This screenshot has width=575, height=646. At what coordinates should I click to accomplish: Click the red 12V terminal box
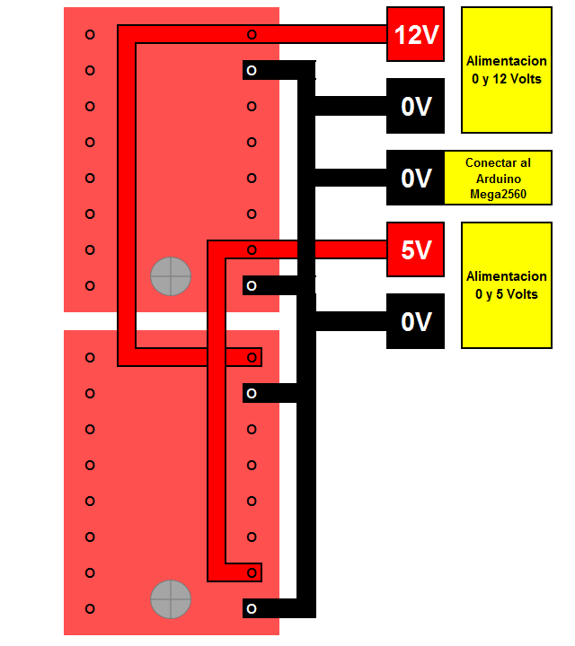pos(415,34)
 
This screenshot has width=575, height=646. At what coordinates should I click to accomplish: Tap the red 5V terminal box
pos(415,249)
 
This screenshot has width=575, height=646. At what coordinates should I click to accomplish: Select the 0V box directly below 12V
pos(415,106)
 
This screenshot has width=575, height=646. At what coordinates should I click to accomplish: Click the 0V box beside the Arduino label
pos(415,178)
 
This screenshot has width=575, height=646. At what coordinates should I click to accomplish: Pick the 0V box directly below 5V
pos(415,321)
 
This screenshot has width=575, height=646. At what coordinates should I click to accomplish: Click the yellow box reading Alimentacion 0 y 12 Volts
pos(506,70)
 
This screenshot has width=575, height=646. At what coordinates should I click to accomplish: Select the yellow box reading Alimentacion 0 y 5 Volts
pos(506,285)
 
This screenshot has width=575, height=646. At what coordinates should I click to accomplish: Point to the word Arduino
pos(497,178)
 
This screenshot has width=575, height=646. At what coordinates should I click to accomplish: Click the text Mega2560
pos(497,193)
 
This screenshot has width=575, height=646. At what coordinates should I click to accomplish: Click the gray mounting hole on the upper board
pos(171,276)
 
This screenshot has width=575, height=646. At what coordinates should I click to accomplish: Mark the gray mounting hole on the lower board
pos(171,599)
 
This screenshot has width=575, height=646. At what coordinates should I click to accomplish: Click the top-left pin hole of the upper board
pos(90,34)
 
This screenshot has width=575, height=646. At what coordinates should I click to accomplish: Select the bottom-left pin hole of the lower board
pos(90,608)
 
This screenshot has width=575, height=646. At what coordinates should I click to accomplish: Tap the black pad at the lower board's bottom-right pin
pos(252,608)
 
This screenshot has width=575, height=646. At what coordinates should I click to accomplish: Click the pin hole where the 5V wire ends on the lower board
pos(252,572)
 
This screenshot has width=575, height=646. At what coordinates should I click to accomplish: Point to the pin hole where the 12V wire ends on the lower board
pos(252,357)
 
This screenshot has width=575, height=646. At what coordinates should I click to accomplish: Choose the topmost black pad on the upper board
pos(252,70)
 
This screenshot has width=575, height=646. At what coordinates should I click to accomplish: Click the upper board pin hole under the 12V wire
pos(252,34)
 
